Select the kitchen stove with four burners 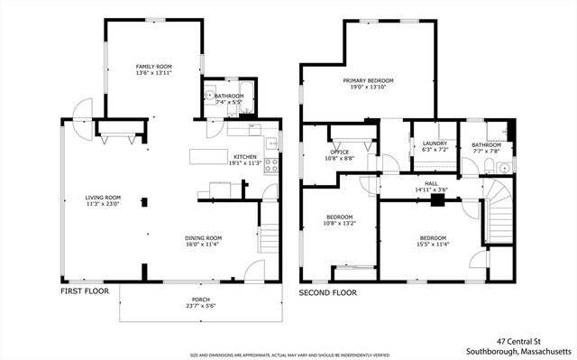(x=270, y=165)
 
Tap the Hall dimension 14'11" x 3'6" (x=430, y=190)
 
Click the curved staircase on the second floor (x=498, y=211)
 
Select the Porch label (x=200, y=300)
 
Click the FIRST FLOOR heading (x=85, y=292)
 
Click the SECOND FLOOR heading (x=328, y=293)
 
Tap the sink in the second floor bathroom (x=505, y=168)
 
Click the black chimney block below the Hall (x=436, y=201)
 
